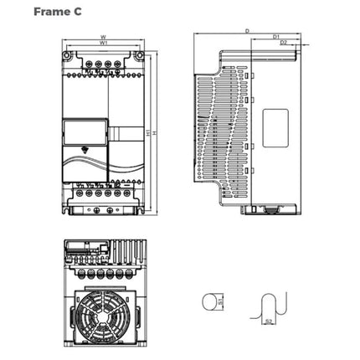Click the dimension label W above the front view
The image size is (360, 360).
coord(103,37)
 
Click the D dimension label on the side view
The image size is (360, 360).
coord(248,31)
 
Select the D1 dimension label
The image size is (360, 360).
coord(276,38)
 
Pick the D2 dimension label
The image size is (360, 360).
coord(284,44)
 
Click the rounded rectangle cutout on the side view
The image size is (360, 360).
coord(276,125)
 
